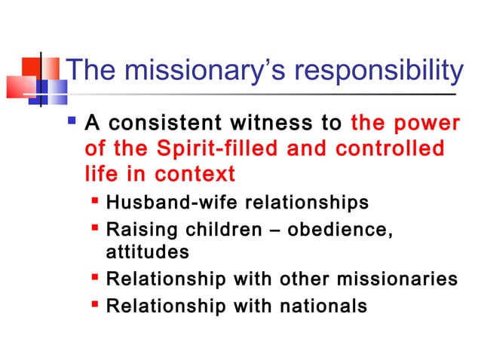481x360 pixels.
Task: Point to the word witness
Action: (279, 122)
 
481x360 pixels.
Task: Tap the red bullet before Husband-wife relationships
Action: (96, 202)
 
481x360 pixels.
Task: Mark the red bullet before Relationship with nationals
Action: (96, 305)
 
